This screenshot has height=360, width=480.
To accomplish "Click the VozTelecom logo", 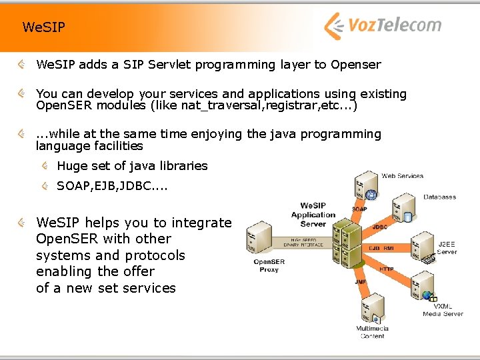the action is click(382, 26).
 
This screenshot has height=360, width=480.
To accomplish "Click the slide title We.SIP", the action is click(44, 27).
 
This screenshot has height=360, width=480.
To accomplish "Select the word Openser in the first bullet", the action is click(355, 65).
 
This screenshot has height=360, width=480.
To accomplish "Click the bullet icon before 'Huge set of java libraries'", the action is click(44, 165).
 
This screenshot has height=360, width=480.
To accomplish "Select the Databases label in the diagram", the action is click(439, 197).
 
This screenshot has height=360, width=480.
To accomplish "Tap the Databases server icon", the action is click(403, 208).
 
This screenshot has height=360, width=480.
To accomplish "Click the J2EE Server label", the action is click(447, 248).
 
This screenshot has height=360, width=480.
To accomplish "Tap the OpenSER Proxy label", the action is click(269, 265).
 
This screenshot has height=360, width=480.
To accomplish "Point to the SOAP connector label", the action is click(359, 209).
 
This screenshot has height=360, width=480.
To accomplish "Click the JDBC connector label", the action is click(379, 227).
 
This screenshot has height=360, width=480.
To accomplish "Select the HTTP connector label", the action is click(386, 269).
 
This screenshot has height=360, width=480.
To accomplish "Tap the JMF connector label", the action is click(361, 282).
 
